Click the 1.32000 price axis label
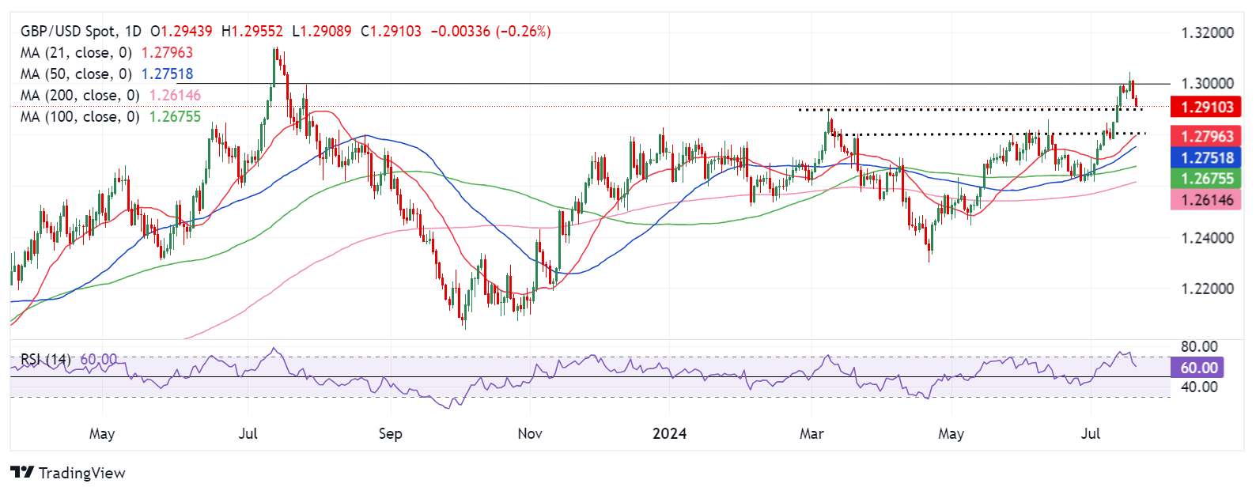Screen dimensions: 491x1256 pyautogui.click(x=1206, y=33)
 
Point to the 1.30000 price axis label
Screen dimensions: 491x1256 pyautogui.click(x=1206, y=84)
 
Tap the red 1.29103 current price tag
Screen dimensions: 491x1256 pyautogui.click(x=1206, y=108)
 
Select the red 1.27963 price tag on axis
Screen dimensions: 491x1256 pyautogui.click(x=1206, y=137)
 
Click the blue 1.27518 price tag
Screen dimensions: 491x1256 pyautogui.click(x=1206, y=158)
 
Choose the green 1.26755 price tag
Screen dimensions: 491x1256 pyautogui.click(x=1206, y=179)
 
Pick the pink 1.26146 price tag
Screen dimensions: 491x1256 pyautogui.click(x=1206, y=200)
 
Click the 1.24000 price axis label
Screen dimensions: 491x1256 pyautogui.click(x=1206, y=238)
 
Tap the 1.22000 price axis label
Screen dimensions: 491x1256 pyautogui.click(x=1206, y=289)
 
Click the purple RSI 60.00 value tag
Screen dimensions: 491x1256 pyautogui.click(x=1198, y=368)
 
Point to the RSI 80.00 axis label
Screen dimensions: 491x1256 pyautogui.click(x=1198, y=347)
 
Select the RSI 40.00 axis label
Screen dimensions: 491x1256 pyautogui.click(x=1198, y=387)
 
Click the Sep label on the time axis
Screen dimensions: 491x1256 pyautogui.click(x=390, y=434)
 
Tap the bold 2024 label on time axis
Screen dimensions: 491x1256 pyautogui.click(x=669, y=434)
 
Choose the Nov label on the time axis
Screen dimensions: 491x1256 pyautogui.click(x=529, y=434)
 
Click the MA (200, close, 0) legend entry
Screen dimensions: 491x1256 pyautogui.click(x=79, y=96)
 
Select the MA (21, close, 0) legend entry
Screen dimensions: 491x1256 pyautogui.click(x=75, y=53)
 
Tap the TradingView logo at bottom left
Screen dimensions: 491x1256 pyautogui.click(x=68, y=473)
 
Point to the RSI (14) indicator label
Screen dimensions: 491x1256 pyautogui.click(x=45, y=360)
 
